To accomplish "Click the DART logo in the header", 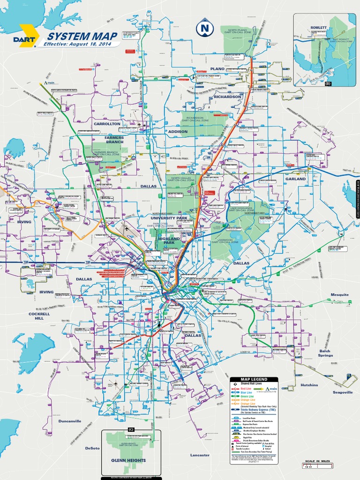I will point(23,39).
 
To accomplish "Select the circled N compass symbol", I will point(204,30).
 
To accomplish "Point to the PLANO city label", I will point(217,69).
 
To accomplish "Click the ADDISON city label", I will point(178,132).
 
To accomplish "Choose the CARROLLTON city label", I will point(107,124).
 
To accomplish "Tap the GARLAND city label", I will point(295,179).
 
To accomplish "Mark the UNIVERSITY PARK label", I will point(169,218).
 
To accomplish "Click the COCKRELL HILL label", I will point(36,315).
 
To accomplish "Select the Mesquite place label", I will point(340,295).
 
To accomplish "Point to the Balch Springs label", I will point(325,353).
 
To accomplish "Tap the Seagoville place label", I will point(343,392).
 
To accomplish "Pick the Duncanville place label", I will point(70,421).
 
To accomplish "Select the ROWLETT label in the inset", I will point(318,28).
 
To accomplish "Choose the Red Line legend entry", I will point(247,389).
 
